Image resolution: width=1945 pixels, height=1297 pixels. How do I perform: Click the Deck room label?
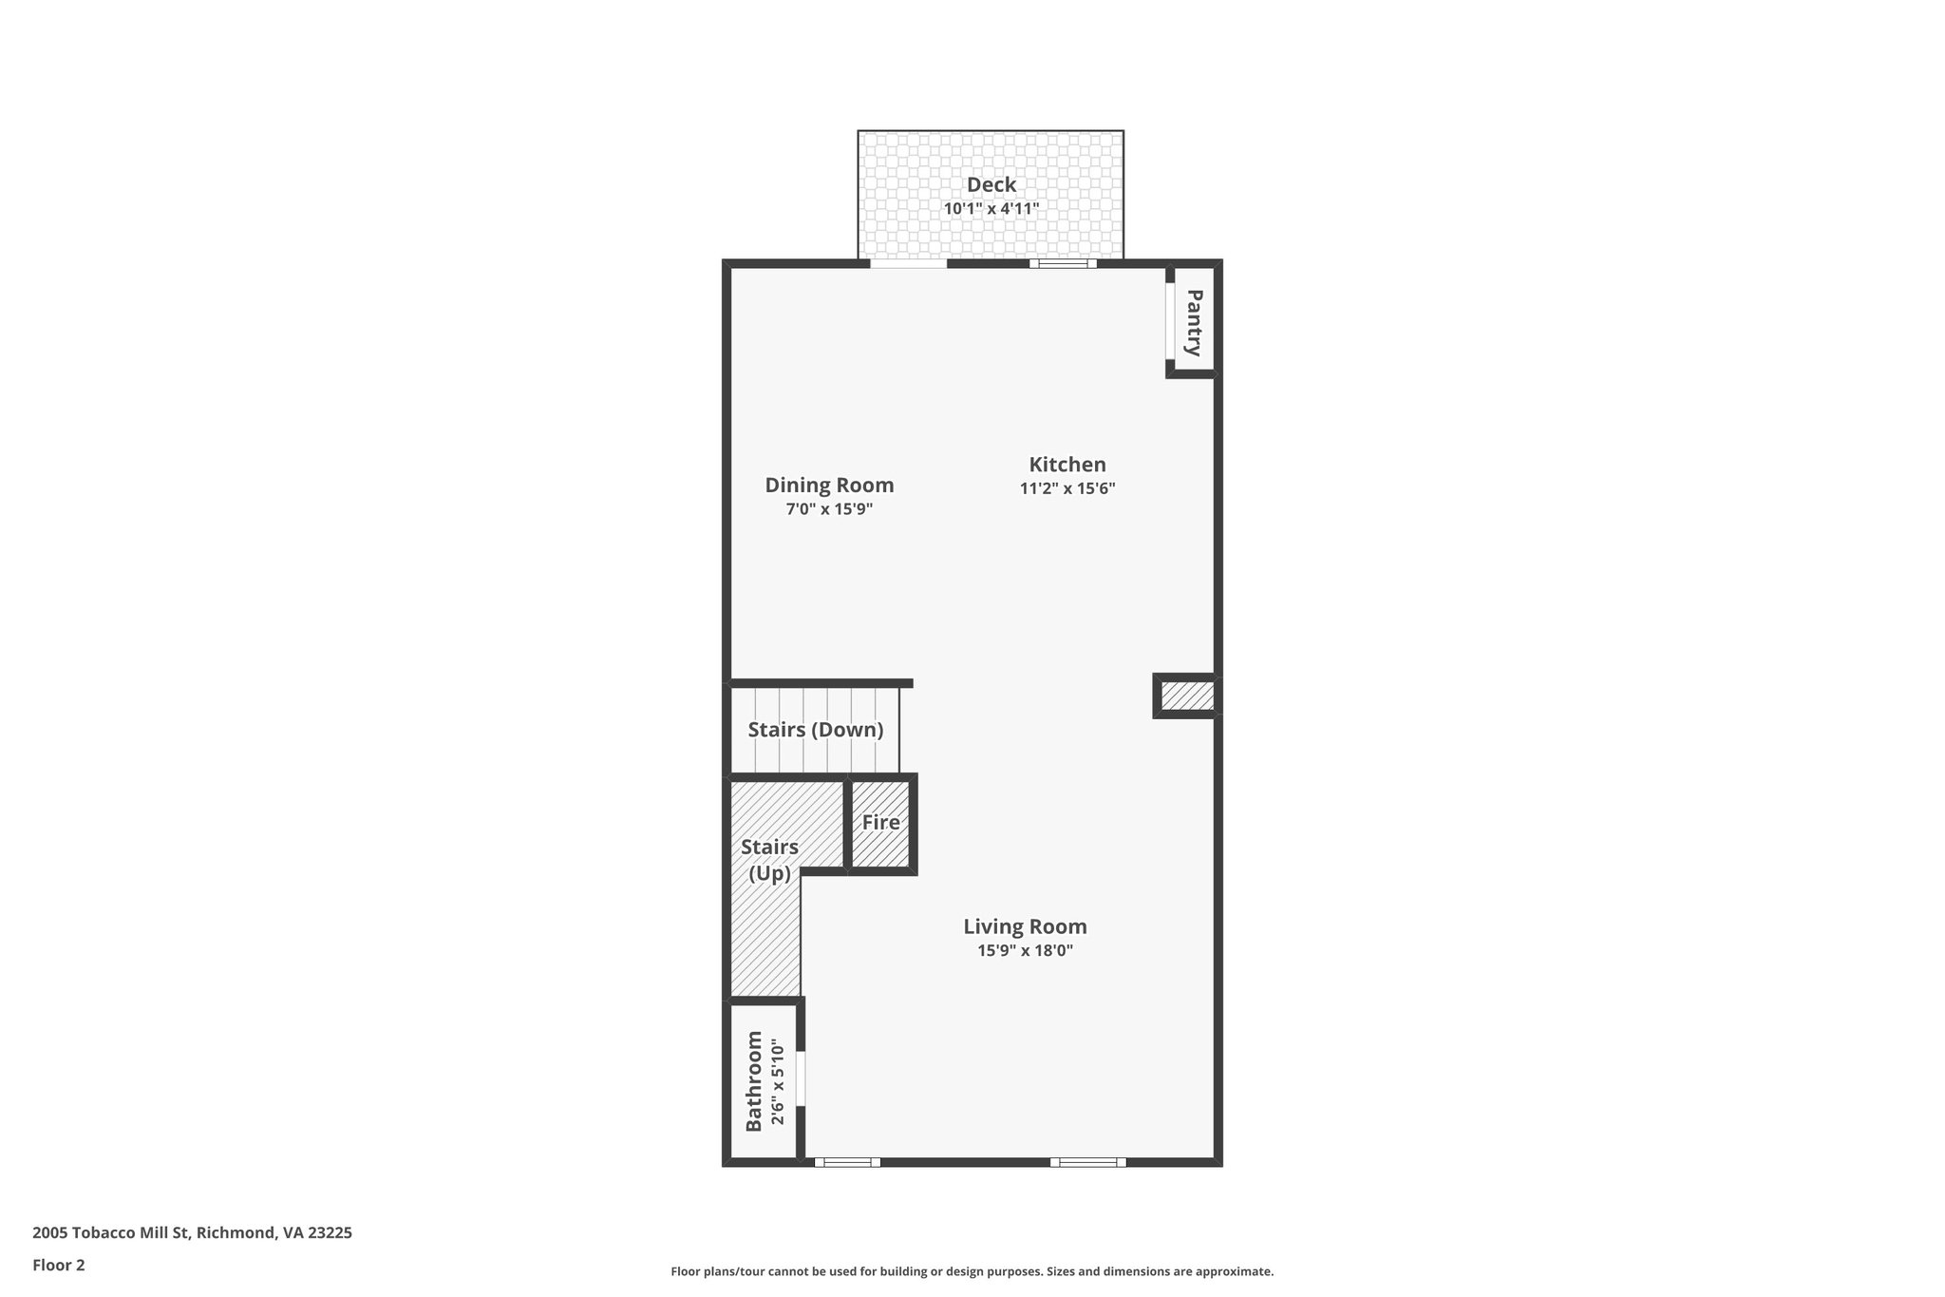coord(991,185)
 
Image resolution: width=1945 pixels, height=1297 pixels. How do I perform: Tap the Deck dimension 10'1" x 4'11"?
coord(991,208)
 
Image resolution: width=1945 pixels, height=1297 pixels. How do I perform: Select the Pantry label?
coord(1195,322)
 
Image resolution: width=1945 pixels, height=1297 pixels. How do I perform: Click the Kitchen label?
coord(1067,465)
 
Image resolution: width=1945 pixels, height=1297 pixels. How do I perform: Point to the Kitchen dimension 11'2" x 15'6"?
coord(1067,489)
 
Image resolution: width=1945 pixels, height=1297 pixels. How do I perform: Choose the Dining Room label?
coord(829,486)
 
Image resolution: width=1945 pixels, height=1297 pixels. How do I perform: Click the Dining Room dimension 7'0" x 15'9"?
coord(829,509)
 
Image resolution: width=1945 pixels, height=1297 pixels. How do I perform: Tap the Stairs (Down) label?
coord(815,730)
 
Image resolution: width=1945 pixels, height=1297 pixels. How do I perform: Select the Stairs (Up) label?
coord(769,860)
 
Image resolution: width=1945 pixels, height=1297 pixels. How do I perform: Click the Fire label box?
coord(881,823)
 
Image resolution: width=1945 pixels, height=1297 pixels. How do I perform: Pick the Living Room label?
coord(1025,926)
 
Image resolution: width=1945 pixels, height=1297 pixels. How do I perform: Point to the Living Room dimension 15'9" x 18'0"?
coord(1025,950)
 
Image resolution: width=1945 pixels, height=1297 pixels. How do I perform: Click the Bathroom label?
coord(754,1080)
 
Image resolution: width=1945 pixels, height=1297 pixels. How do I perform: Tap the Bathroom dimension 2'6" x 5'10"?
coord(778,1082)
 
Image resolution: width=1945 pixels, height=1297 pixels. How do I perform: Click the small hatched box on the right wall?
coord(1186,696)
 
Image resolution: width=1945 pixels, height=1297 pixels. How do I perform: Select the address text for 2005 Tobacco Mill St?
coord(192,1233)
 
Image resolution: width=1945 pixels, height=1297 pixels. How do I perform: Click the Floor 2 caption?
coord(59,1265)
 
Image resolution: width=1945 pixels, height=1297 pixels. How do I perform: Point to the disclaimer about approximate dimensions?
coord(972,1271)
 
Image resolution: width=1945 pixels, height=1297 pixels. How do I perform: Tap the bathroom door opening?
coord(801,1078)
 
